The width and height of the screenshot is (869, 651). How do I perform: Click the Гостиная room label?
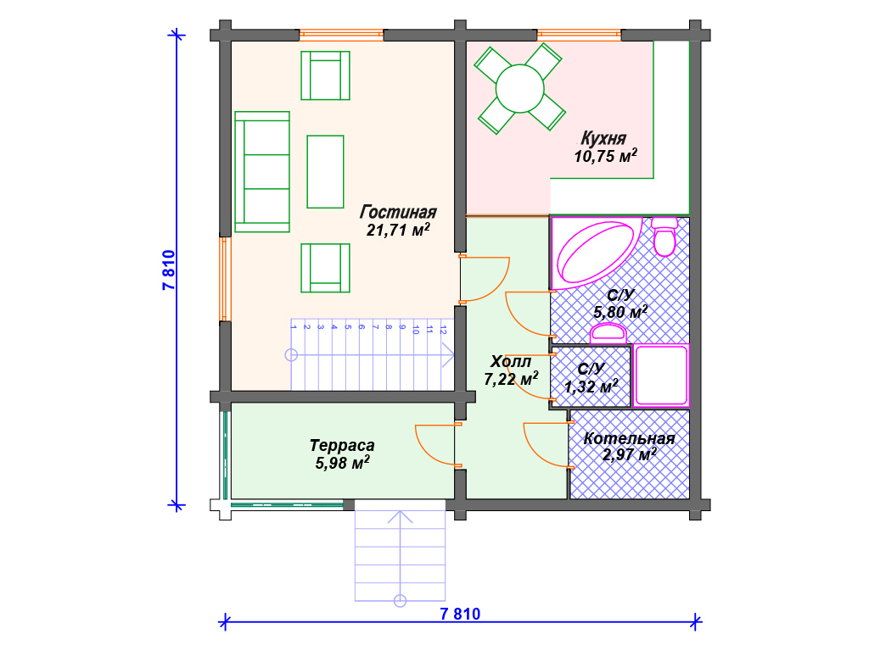point(398,212)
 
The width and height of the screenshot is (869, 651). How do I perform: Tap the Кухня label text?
point(603,138)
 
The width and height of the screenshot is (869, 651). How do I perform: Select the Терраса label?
point(342,445)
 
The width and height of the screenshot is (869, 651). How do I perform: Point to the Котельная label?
point(629,438)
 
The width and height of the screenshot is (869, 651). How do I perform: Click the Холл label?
point(510,361)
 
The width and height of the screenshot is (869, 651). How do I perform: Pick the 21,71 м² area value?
point(398,230)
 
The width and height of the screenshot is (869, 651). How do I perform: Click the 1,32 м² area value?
point(591,386)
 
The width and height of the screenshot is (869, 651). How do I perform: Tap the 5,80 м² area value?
point(620,312)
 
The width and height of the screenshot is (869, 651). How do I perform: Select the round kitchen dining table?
point(520,88)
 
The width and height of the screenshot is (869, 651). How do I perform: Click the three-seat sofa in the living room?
point(262,171)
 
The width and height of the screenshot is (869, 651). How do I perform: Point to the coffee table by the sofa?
point(325,171)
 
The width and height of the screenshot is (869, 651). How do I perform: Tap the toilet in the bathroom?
point(664,236)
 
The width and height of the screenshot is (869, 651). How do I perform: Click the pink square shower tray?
point(660,376)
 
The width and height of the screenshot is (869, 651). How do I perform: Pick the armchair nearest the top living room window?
point(325,75)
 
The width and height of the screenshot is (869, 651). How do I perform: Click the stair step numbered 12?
point(442,354)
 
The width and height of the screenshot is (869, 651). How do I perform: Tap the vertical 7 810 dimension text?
point(169,270)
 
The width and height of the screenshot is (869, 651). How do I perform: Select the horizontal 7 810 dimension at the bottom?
point(460,614)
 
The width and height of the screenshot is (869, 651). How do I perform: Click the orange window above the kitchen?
point(579,35)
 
